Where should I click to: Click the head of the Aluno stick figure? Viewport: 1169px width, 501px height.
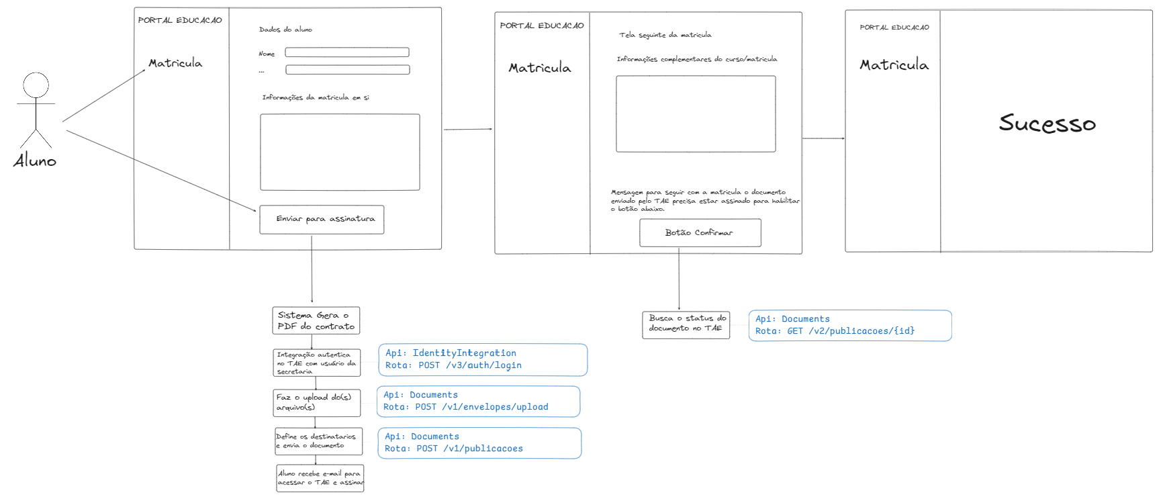point(36,85)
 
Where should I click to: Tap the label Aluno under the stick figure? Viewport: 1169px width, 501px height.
point(35,161)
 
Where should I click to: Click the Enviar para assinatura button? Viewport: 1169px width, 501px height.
point(322,220)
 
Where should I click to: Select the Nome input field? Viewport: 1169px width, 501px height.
point(347,52)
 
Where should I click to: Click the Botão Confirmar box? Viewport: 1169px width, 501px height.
point(700,233)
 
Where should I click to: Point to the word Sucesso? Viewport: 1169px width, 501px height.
point(1047,123)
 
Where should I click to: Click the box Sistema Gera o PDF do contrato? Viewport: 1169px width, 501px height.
point(316,320)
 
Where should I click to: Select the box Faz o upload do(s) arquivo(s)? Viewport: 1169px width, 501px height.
point(317,403)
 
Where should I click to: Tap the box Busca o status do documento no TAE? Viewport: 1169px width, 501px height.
point(686,325)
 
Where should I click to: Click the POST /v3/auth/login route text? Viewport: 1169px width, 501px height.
point(470,365)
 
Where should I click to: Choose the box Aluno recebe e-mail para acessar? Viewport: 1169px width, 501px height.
point(320,478)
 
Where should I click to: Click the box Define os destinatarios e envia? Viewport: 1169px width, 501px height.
point(318,441)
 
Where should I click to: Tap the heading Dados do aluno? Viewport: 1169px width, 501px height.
point(285,30)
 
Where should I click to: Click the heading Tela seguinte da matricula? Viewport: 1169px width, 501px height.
point(665,35)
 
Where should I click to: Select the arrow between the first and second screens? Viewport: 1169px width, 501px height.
point(468,129)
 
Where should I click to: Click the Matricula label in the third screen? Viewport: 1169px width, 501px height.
point(894,65)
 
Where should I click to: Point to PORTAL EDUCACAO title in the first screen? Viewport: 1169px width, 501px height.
point(180,20)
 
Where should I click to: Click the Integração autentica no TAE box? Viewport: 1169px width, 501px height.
point(317,363)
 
